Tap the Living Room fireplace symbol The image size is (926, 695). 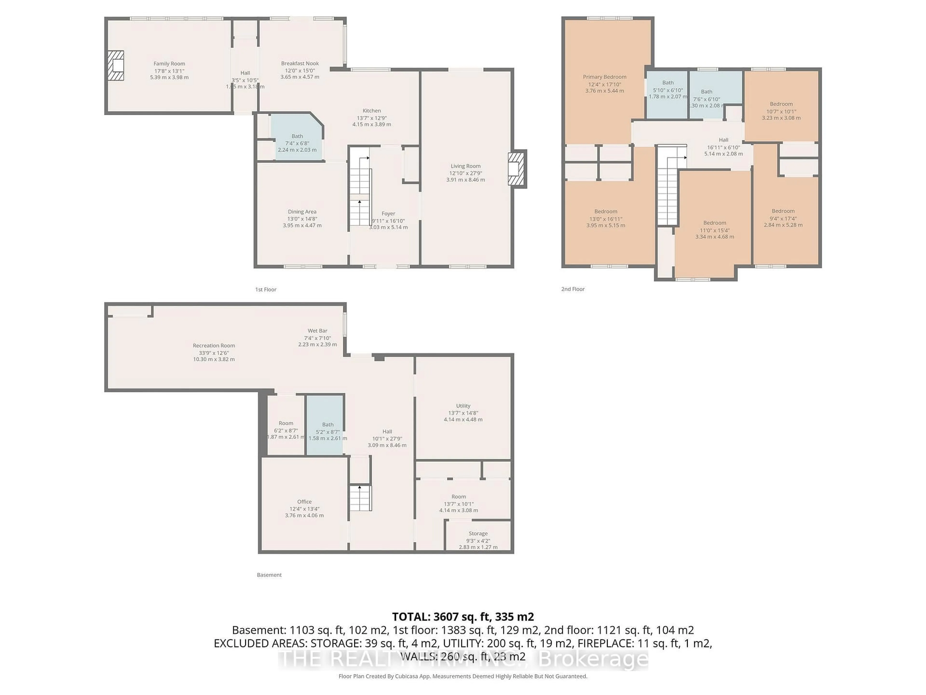[x=516, y=168]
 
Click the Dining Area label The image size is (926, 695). [x=302, y=212]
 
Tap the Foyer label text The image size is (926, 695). [x=388, y=214]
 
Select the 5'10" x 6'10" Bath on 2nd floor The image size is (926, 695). [x=667, y=90]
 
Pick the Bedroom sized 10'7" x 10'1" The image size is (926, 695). [x=781, y=111]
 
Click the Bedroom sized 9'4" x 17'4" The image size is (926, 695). [x=783, y=218]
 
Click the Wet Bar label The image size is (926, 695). [x=317, y=331]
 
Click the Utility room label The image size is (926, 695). [x=463, y=405]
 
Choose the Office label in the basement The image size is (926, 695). [x=304, y=501]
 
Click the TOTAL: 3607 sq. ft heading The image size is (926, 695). [x=463, y=617]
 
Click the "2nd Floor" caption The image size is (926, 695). [x=573, y=289]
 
